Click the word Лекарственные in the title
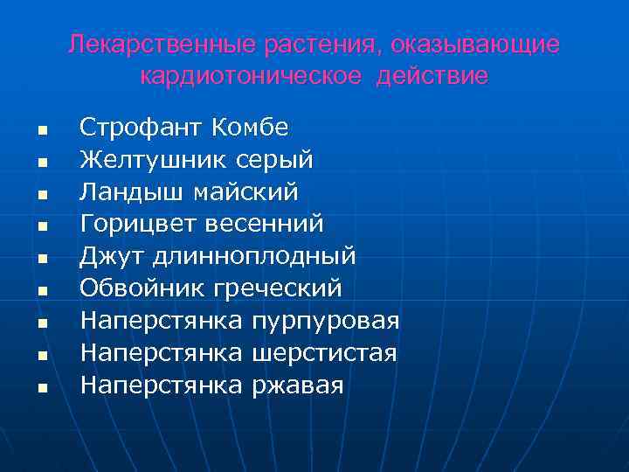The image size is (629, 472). click(142, 44)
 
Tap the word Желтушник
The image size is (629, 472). click(155, 160)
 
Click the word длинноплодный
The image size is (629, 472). click(253, 257)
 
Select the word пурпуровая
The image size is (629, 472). click(325, 321)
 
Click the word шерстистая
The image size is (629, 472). click(323, 353)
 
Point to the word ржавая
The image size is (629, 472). click(297, 385)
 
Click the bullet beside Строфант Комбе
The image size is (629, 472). click(41, 129)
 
